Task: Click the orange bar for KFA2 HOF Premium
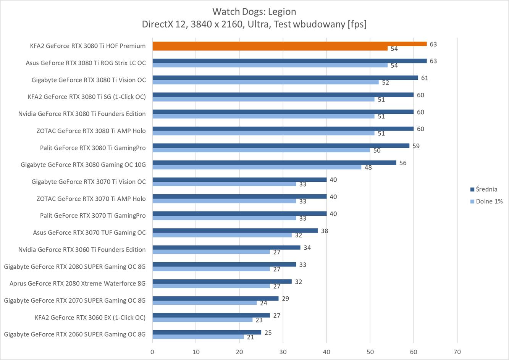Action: tap(289, 44)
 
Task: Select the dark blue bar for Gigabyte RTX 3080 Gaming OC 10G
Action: tap(274, 163)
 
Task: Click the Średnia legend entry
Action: tap(486, 189)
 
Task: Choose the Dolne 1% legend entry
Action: tap(489, 201)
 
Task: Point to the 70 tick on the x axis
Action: tap(457, 352)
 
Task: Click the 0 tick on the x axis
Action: tap(152, 352)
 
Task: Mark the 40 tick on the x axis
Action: tap(326, 352)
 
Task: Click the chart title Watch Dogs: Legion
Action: tap(254, 11)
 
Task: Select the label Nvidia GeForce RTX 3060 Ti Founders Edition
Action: tap(82, 250)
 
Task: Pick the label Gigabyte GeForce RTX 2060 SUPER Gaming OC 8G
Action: tap(75, 334)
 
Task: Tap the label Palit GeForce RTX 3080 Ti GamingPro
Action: tap(93, 148)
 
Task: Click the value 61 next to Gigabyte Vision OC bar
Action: tap(425, 78)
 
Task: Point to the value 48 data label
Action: tap(368, 167)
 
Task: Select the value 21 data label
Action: tap(250, 337)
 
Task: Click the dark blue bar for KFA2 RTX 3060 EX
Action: tap(211, 315)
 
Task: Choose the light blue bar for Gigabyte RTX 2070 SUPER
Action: tap(204, 303)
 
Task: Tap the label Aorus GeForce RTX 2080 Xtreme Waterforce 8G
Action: tap(78, 284)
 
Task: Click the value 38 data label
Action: tap(325, 231)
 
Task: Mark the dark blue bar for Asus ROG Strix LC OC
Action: tap(289, 61)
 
